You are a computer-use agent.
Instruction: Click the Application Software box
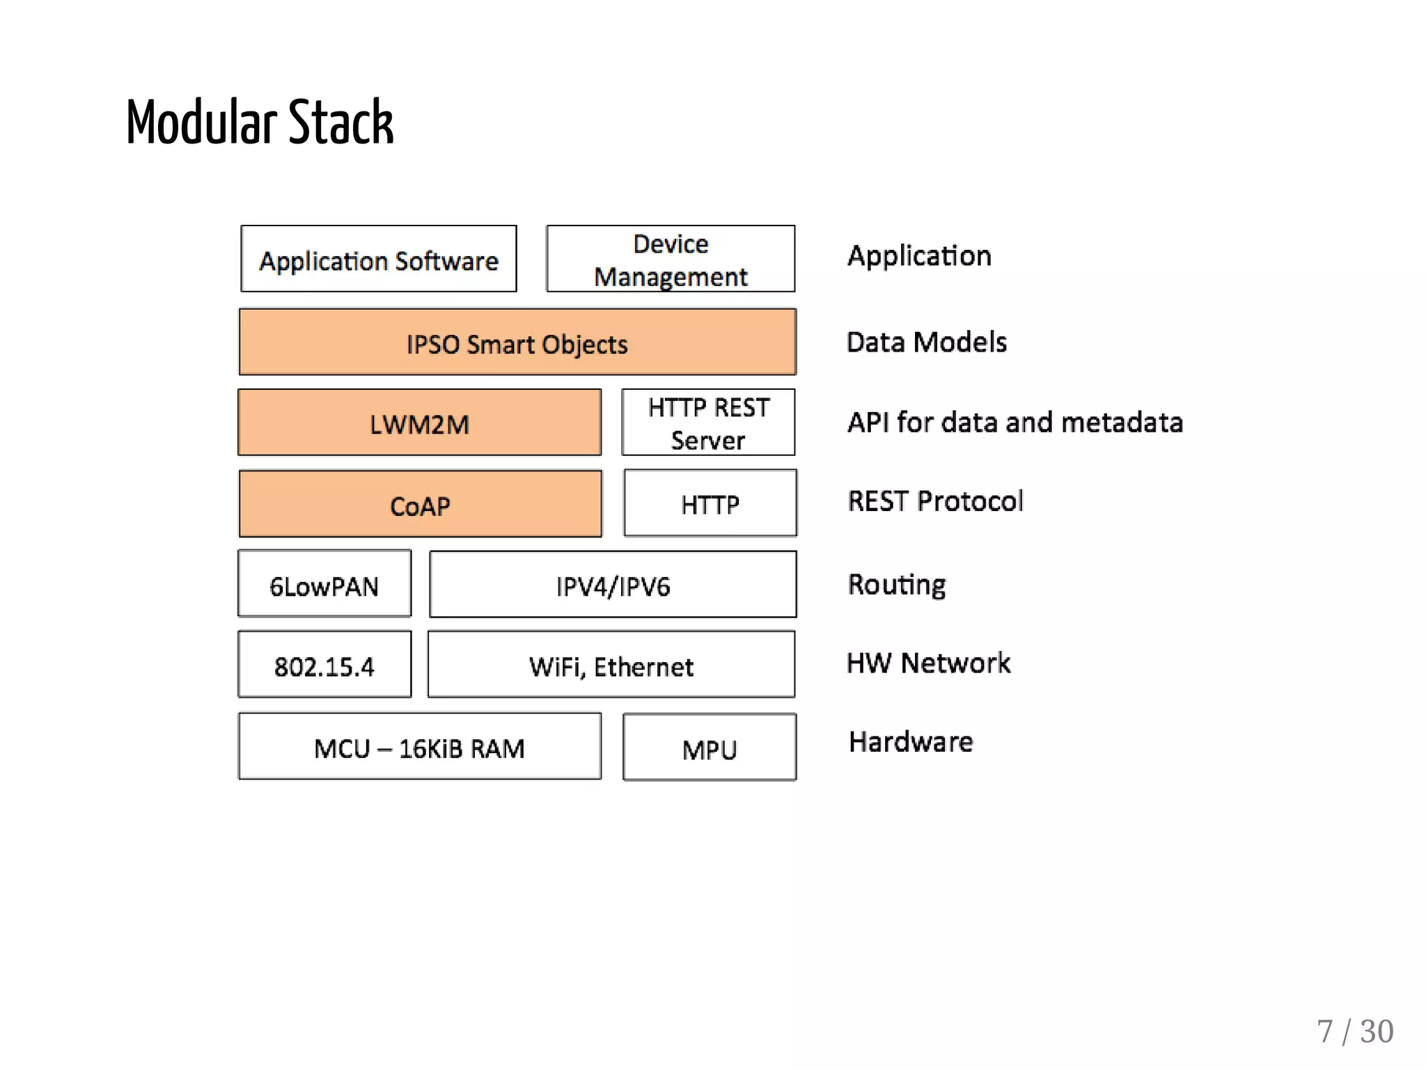pos(378,259)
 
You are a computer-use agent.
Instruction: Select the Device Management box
pos(671,259)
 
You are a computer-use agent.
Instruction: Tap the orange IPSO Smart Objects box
pos(517,343)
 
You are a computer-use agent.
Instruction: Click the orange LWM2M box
pos(419,423)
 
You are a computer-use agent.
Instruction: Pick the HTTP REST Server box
pos(708,423)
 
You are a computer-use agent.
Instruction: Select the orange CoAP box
pos(420,504)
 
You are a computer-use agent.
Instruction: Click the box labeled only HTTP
pos(710,503)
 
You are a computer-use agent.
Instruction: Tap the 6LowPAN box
pos(324,584)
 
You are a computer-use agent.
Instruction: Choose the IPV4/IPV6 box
pos(613,585)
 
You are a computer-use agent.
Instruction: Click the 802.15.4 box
pos(324,665)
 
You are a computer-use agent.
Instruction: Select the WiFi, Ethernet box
pos(611,665)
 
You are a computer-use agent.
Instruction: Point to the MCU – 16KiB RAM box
pos(419,746)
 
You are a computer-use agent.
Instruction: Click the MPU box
pos(709,748)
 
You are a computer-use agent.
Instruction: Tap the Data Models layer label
pos(926,343)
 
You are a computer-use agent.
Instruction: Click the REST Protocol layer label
pos(935,501)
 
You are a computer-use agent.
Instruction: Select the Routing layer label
pos(897,585)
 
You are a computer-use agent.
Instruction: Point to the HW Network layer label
pos(928,663)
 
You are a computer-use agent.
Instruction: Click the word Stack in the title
pos(340,123)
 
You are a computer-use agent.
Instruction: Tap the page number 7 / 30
pos(1354,1032)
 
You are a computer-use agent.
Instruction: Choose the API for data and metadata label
pos(1014,423)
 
